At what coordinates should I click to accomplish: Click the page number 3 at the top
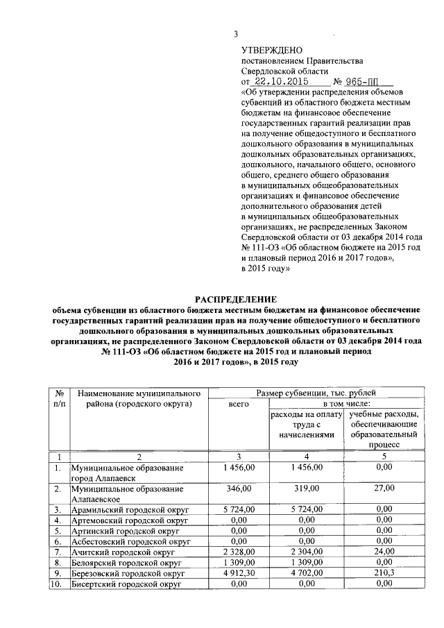tap(236, 35)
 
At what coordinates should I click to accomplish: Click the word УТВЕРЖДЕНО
tap(272, 50)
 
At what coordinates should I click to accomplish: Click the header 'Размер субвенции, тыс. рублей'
tap(317, 393)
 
